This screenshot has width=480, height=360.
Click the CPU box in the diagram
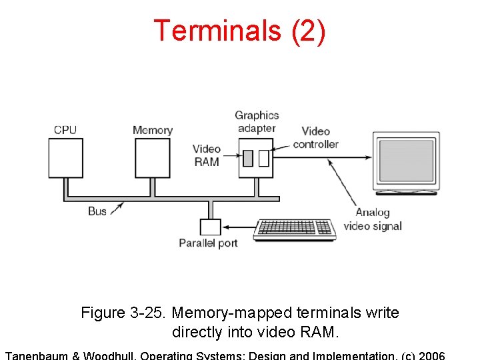tap(65, 158)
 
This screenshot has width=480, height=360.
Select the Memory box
tap(153, 158)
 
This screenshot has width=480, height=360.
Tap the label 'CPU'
tap(65, 130)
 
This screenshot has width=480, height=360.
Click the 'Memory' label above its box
tap(153, 130)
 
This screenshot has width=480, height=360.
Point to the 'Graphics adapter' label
tap(257, 121)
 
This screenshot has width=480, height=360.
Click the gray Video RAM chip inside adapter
tap(248, 158)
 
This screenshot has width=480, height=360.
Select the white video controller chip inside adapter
tap(263, 158)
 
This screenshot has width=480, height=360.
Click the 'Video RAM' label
tap(207, 155)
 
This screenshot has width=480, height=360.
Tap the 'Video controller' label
tap(315, 138)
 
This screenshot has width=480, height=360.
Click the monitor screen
tap(406, 160)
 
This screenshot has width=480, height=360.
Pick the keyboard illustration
tap(295, 229)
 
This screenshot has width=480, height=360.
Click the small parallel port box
tap(210, 227)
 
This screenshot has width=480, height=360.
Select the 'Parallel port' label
tap(208, 243)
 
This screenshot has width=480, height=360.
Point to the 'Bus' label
tap(97, 211)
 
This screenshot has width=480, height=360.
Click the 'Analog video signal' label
tap(373, 219)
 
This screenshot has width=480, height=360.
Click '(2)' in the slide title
tap(308, 31)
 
